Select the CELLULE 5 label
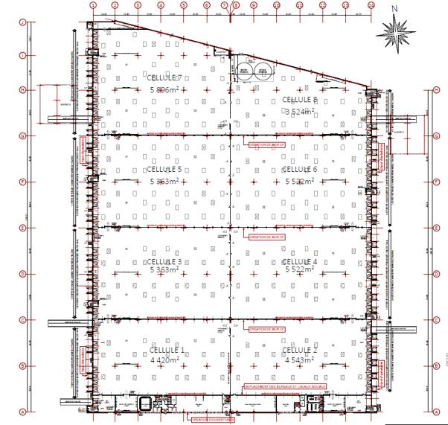click(165, 170)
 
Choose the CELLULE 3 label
click(165, 262)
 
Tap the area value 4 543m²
click(300, 360)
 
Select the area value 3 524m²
click(300, 111)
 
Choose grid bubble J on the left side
click(23, 22)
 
